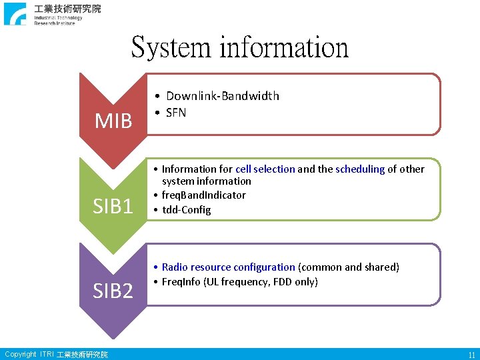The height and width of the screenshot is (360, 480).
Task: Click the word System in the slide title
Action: tap(171, 47)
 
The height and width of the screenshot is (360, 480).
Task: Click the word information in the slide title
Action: tap(283, 47)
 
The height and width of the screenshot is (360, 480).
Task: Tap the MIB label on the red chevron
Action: tap(113, 121)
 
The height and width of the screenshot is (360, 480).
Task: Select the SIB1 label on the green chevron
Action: tap(113, 207)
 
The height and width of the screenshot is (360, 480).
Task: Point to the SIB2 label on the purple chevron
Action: tap(113, 291)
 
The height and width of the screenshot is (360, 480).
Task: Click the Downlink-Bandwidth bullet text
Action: tap(223, 96)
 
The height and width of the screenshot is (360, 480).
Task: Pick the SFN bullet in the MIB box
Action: tap(176, 113)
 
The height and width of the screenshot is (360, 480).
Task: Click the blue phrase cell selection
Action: tap(265, 169)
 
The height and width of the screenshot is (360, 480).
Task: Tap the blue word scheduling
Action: tap(360, 169)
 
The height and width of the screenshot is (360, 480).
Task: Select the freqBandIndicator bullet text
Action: tap(203, 195)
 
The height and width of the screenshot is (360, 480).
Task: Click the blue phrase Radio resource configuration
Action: tap(228, 267)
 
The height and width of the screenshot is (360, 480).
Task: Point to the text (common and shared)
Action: tap(349, 267)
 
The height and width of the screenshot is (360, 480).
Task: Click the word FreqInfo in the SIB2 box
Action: tap(181, 282)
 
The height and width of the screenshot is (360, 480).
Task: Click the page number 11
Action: tap(471, 355)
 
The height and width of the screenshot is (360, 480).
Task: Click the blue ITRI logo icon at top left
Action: tap(15, 14)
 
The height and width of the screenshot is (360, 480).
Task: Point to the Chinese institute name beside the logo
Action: tap(68, 9)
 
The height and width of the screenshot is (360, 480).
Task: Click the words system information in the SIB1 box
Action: tap(207, 181)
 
